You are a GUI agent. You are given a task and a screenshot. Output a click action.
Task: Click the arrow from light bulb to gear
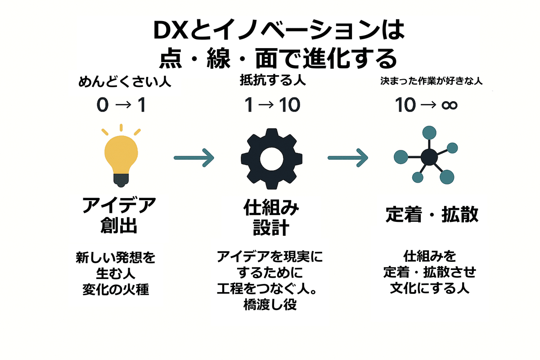(194, 157)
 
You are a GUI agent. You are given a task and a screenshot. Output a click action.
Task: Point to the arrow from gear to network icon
(348, 157)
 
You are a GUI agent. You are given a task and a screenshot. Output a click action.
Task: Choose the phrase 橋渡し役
(271, 305)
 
